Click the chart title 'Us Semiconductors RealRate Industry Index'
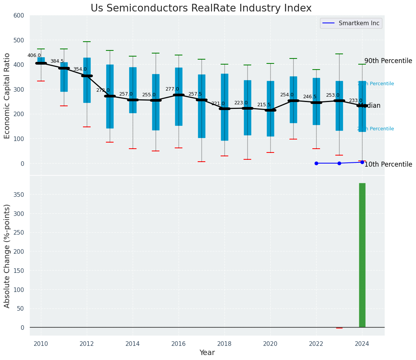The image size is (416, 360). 201,8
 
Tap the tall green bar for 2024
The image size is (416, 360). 362,255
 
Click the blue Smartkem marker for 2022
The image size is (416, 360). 316,163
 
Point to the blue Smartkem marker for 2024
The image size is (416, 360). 362,162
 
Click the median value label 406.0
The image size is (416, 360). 34,55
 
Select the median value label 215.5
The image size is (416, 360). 264,105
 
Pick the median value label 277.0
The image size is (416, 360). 172,89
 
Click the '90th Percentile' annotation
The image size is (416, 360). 388,61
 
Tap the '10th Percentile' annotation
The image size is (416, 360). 388,165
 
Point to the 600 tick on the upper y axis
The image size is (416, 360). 19,16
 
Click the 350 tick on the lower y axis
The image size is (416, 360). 19,195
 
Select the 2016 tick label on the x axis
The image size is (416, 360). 179,344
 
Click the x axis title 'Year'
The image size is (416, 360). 207,353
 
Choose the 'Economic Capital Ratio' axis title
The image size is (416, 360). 7,95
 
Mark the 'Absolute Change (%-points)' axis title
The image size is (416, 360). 7,256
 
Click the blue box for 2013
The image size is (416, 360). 110,115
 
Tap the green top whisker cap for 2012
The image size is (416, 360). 87,42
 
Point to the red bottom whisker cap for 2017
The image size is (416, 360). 201,162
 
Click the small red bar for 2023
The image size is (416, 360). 339,328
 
